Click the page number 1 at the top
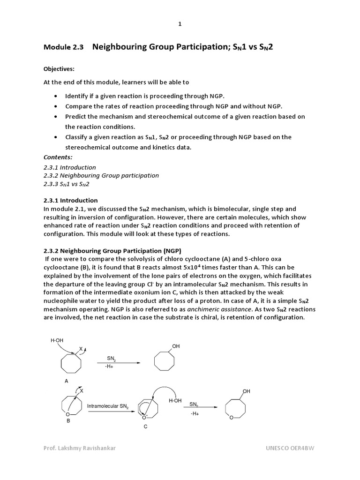tap(180, 24)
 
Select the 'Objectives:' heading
tap(59, 69)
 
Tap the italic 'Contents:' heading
tap(58, 157)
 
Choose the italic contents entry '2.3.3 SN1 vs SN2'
tap(66, 184)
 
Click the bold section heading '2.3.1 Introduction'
tap(71, 200)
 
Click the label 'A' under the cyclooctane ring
tap(67, 381)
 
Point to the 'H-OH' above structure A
tap(56, 341)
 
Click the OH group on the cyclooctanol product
tap(176, 346)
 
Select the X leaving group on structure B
tap(82, 390)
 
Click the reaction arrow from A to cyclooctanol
tap(118, 363)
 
